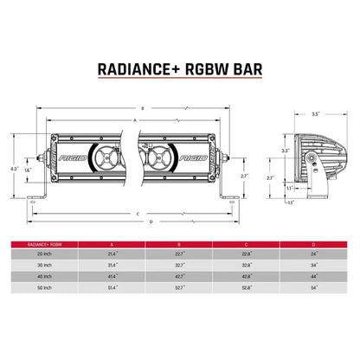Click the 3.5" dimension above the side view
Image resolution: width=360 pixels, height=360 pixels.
[x=317, y=113]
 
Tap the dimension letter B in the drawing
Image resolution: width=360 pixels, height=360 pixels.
[x=143, y=108]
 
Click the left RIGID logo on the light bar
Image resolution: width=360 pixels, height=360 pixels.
[x=66, y=161]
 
